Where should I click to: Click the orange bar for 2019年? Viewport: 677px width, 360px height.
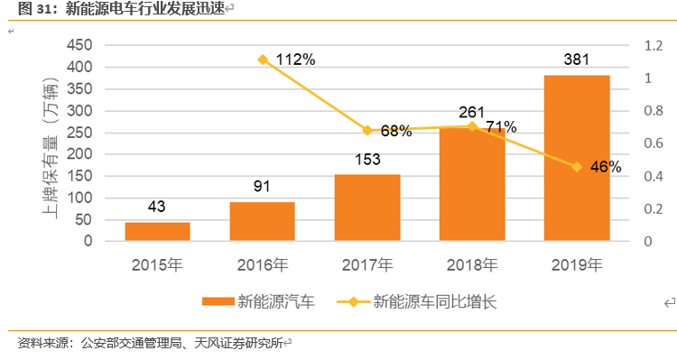[x=576, y=158]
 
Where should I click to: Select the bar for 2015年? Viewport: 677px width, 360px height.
[x=157, y=231]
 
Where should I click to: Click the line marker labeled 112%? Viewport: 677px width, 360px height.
[x=263, y=60]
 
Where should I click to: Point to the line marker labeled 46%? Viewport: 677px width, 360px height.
[x=577, y=167]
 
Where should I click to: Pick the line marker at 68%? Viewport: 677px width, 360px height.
[x=367, y=131]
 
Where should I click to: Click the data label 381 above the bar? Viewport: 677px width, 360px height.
[x=577, y=60]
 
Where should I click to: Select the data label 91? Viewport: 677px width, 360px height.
[x=262, y=188]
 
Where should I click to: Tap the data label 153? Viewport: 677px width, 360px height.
[x=366, y=161]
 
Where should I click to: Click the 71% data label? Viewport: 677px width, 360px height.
[x=501, y=126]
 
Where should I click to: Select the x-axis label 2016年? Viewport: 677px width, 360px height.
[x=262, y=265]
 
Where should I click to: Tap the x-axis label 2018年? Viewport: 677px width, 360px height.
[x=471, y=265]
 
